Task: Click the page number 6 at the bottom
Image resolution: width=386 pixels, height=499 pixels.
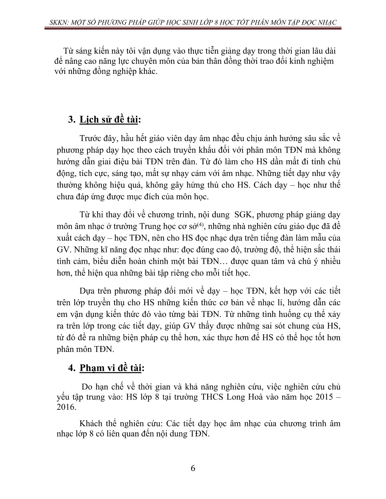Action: pos(193,468)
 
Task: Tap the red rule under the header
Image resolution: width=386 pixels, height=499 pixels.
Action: pos(193,29)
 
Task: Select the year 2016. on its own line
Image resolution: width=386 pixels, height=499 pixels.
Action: pos(66,407)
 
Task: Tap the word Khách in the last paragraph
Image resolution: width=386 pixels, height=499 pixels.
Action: pos(91,424)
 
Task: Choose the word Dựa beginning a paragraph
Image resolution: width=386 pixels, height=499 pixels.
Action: pos(87,291)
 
